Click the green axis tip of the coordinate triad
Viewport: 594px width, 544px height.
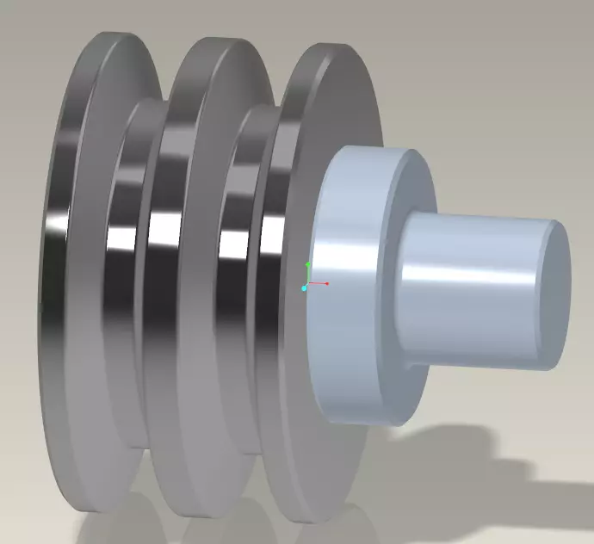click(307, 264)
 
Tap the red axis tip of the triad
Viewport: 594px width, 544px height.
click(327, 283)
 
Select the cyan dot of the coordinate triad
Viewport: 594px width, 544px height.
click(304, 288)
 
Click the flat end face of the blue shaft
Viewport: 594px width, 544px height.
click(555, 293)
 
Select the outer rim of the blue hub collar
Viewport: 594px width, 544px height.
click(344, 284)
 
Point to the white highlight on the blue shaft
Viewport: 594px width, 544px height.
click(465, 274)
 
